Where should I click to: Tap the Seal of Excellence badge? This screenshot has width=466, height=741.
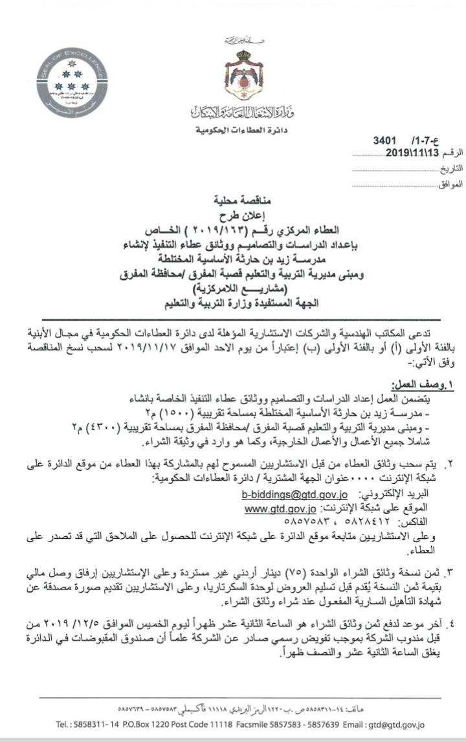tap(72, 82)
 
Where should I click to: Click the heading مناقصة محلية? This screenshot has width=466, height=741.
tap(241, 201)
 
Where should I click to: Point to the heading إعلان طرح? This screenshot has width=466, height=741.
tap(241, 216)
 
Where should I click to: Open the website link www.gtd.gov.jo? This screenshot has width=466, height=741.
tap(280, 508)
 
